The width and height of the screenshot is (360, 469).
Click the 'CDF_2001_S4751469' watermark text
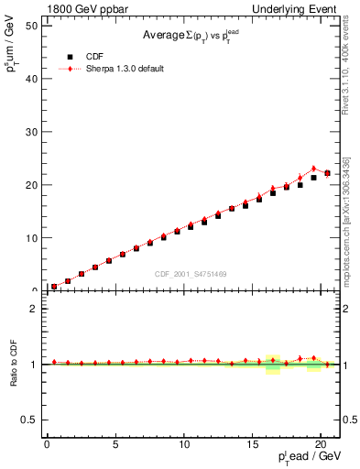(191, 275)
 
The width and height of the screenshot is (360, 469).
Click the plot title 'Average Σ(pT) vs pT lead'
(192, 36)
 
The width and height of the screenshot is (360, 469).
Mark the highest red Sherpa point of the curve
(313, 169)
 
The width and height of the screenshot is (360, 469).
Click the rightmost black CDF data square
(327, 173)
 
